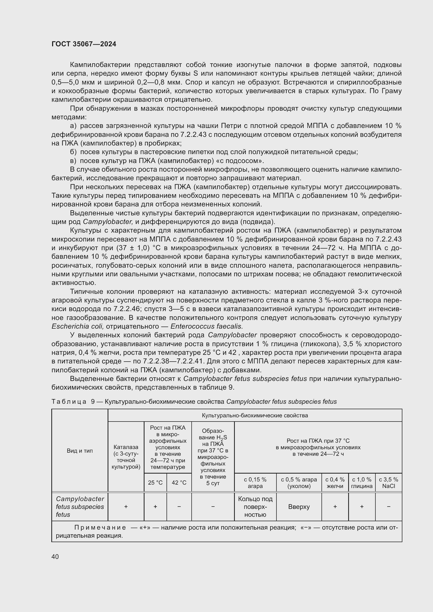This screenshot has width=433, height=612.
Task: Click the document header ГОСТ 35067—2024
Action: click(x=84, y=44)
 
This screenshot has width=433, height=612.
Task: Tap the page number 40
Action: click(x=55, y=557)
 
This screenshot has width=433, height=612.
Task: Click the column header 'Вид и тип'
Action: click(x=80, y=451)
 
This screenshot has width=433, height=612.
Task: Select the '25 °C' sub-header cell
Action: click(x=155, y=482)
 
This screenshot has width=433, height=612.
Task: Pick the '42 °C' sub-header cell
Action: click(x=179, y=482)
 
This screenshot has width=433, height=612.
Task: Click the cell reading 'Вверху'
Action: click(x=299, y=507)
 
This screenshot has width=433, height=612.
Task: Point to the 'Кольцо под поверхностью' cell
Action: click(x=255, y=507)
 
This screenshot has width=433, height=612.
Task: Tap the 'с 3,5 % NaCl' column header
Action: click(x=388, y=482)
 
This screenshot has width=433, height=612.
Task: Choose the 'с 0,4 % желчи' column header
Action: click(x=335, y=482)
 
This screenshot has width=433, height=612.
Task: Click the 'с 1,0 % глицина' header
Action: click(x=362, y=482)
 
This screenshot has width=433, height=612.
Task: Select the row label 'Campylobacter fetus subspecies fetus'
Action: click(x=80, y=507)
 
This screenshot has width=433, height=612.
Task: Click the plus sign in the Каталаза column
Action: click(x=126, y=507)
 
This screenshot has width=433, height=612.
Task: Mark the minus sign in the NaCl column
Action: click(x=388, y=507)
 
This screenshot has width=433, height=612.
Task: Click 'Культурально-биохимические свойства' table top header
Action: click(x=255, y=416)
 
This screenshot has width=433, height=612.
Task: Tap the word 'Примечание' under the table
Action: click(x=100, y=527)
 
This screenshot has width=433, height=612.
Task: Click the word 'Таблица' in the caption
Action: click(x=69, y=402)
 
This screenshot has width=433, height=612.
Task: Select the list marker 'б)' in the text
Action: click(x=73, y=152)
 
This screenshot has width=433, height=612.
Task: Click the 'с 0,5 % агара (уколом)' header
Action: click(x=299, y=482)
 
